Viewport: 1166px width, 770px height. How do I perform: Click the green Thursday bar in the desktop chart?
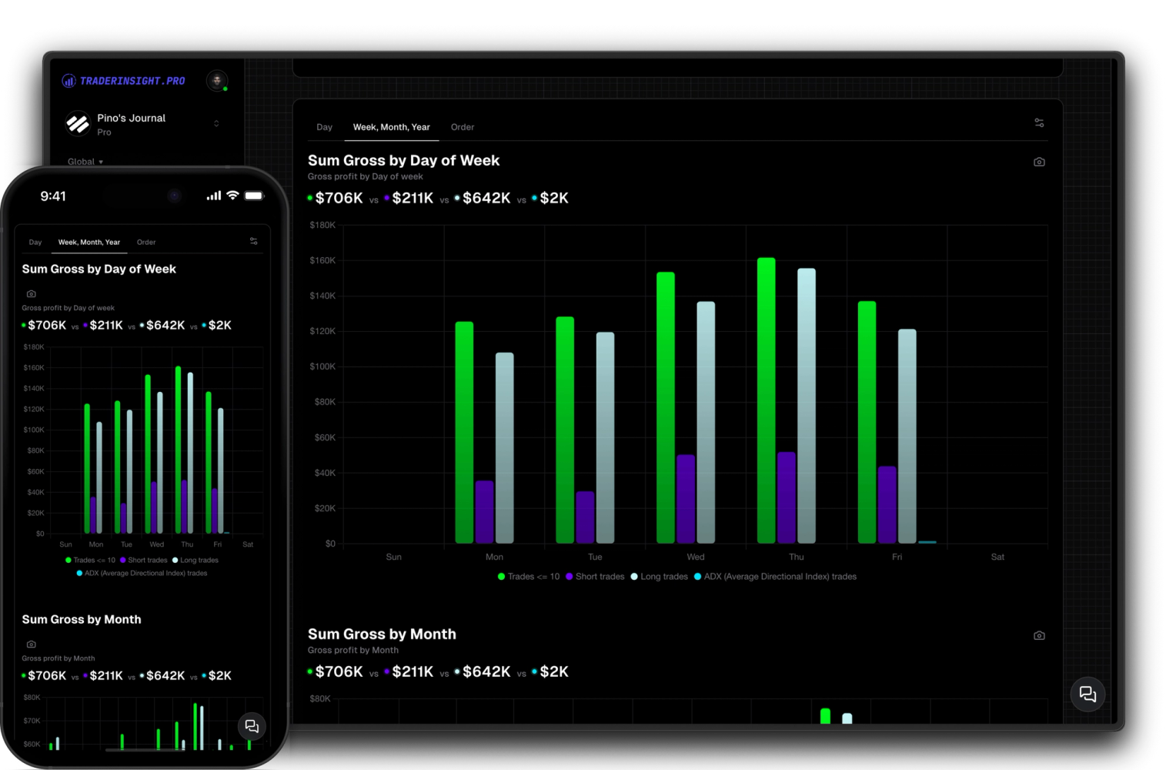(x=766, y=400)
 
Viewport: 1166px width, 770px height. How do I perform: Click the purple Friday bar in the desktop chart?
(x=887, y=504)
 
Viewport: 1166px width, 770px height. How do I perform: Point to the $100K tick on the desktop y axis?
(x=322, y=367)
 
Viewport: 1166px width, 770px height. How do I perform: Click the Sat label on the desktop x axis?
(x=997, y=557)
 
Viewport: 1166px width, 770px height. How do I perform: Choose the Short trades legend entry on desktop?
(x=595, y=577)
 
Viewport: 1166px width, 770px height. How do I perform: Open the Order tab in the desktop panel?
(x=463, y=127)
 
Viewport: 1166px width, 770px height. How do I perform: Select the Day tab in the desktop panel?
(x=325, y=127)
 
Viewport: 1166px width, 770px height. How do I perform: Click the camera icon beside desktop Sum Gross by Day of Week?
(x=1039, y=162)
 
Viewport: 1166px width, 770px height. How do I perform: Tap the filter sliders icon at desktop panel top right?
(x=1039, y=122)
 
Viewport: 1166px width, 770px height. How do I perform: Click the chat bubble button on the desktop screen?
(x=1087, y=694)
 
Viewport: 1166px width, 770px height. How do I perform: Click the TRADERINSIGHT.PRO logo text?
(x=132, y=81)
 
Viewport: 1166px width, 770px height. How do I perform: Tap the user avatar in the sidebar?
(x=217, y=80)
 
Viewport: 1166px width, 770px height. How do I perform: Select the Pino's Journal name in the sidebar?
(x=131, y=118)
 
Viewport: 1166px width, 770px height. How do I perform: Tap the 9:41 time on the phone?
(x=53, y=196)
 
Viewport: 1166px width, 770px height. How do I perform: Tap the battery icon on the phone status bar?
(x=254, y=196)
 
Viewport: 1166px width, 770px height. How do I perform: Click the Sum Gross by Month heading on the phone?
(x=82, y=619)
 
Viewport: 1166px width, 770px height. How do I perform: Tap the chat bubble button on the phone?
(x=252, y=726)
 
